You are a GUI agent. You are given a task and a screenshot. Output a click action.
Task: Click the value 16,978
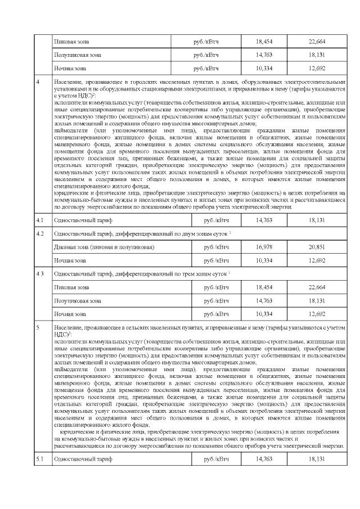pos(263,247)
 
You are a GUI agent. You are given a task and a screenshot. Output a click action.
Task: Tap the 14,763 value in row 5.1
pos(263,460)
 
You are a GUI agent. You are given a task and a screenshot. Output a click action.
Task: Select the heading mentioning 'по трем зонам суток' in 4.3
pos(142,274)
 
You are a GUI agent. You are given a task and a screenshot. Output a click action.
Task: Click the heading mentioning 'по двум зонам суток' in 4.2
pos(142,233)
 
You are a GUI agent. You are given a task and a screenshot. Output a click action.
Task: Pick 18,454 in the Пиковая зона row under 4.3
pos(263,287)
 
